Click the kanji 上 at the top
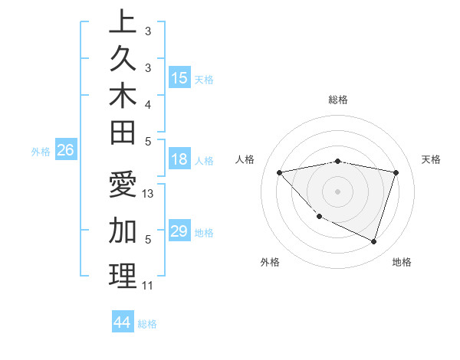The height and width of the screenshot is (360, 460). (123, 22)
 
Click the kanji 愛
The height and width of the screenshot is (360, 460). (123, 186)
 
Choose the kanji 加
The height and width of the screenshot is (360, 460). (123, 230)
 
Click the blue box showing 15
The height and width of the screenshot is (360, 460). (179, 77)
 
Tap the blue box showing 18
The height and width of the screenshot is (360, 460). (179, 159)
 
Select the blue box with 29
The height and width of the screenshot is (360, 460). (179, 231)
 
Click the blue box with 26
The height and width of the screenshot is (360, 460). (65, 150)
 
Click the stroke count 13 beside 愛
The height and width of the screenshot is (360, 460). (149, 195)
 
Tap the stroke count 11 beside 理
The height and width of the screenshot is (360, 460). (148, 286)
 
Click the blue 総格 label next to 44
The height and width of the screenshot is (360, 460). (147, 324)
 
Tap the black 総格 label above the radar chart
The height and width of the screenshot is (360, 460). (338, 100)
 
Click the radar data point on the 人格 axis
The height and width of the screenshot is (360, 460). (280, 172)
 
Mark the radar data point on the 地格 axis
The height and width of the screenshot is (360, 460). (374, 242)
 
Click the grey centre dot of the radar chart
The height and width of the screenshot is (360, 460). (338, 191)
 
